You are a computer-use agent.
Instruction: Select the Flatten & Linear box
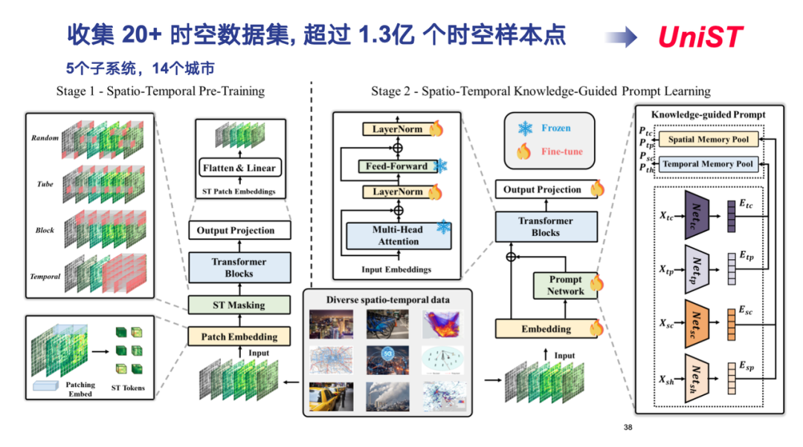(x=239, y=168)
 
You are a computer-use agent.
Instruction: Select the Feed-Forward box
(x=396, y=166)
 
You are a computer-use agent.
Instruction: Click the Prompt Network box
(x=566, y=285)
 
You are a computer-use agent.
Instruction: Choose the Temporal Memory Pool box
(x=708, y=163)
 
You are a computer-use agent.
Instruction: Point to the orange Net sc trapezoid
(x=697, y=323)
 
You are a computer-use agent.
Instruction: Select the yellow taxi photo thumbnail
(x=331, y=395)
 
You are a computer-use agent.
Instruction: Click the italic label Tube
(x=45, y=183)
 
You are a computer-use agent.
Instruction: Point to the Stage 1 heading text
(x=160, y=91)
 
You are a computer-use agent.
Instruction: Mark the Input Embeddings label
(x=395, y=269)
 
